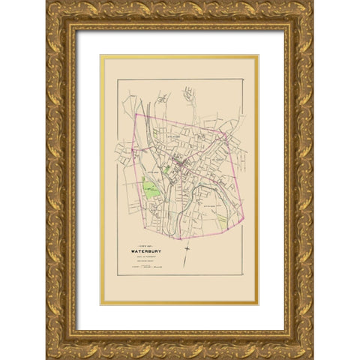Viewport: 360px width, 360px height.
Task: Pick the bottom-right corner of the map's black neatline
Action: pos(243,274)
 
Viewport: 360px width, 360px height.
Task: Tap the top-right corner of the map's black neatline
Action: pos(243,79)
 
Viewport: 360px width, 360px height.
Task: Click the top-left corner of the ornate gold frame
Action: pos(46,1)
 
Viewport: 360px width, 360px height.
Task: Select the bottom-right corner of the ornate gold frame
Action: pos(313,358)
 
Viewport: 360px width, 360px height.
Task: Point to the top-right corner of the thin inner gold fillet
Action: pos(257,55)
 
